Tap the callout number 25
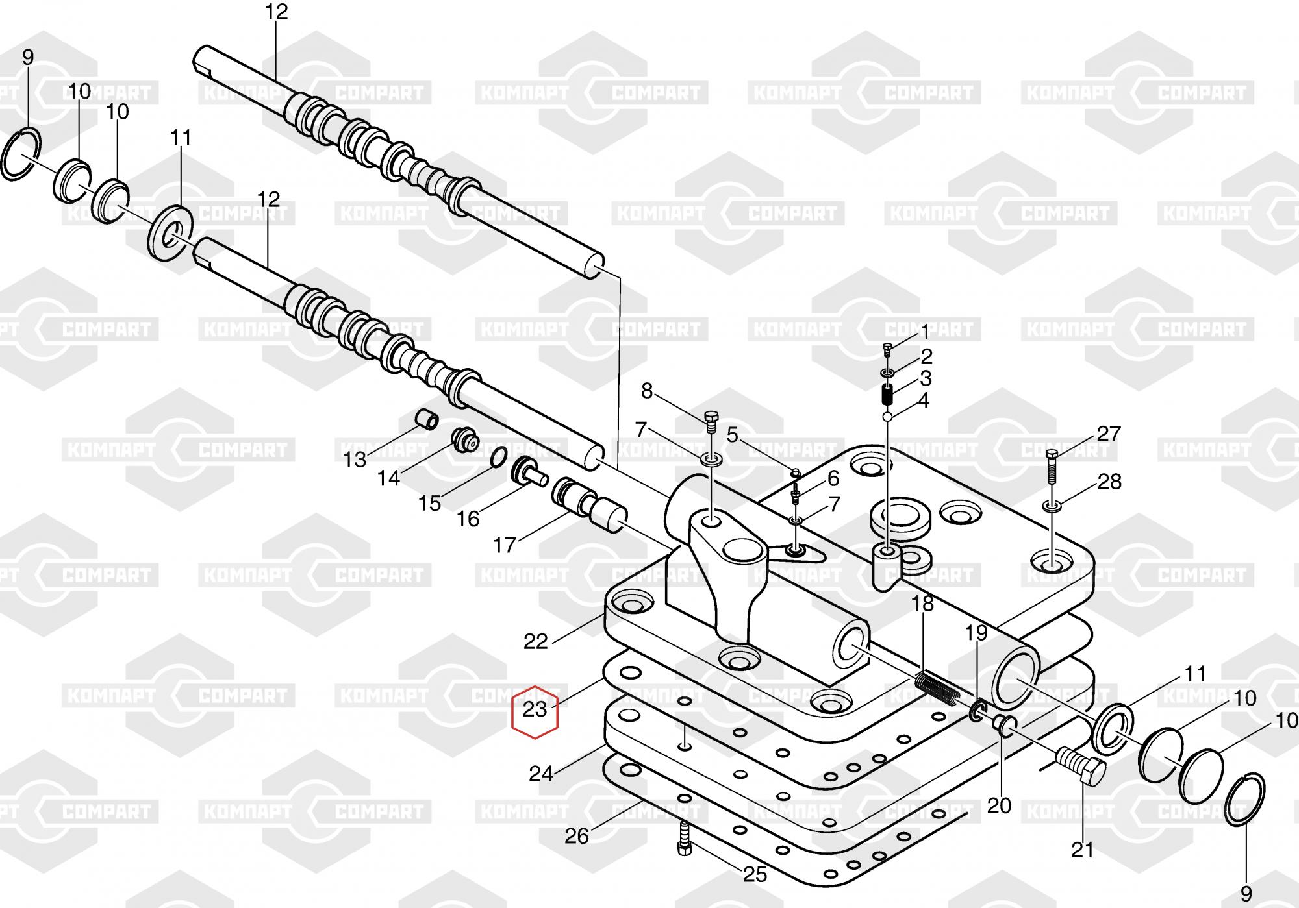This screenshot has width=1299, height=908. tap(755, 874)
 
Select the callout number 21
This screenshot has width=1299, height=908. tap(1082, 850)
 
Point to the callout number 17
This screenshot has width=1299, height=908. tap(505, 545)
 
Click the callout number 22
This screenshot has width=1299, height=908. tap(536, 642)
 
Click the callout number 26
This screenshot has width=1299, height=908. tap(576, 836)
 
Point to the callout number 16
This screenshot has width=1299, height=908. tap(468, 519)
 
